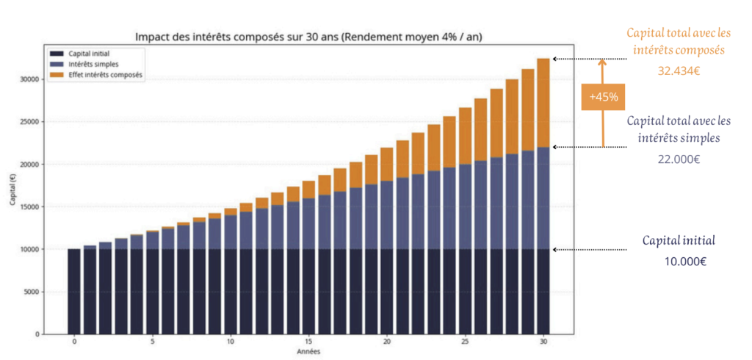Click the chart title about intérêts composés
click(308, 36)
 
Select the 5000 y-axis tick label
click(30, 292)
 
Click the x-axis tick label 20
click(387, 342)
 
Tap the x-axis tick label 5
click(152, 342)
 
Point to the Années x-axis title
click(308, 351)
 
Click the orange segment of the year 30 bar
click(543, 103)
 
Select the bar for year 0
click(74, 292)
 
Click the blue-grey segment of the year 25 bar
click(465, 206)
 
